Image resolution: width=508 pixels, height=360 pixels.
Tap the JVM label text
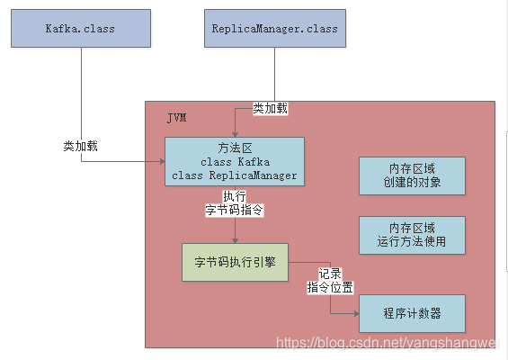point(176,118)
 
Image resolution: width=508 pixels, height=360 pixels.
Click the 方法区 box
point(235,162)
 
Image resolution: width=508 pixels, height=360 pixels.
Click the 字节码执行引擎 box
point(236,263)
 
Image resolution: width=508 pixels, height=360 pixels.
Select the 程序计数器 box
point(412,314)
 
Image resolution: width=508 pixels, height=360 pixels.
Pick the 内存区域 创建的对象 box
point(412,175)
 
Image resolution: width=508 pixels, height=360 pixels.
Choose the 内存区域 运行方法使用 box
point(412,234)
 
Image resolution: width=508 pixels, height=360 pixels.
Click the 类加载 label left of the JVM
point(81,146)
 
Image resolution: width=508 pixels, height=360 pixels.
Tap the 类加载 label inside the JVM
point(271,108)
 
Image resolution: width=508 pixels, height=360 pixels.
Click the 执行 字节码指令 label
point(235,203)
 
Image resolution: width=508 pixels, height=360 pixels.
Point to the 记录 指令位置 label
point(330,280)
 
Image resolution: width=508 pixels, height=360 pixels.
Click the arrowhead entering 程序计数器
point(354,314)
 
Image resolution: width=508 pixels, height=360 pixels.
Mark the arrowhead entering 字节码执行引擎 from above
point(236,238)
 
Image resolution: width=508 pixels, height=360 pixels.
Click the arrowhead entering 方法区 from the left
point(161,162)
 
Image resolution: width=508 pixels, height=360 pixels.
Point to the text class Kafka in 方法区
point(235,162)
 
